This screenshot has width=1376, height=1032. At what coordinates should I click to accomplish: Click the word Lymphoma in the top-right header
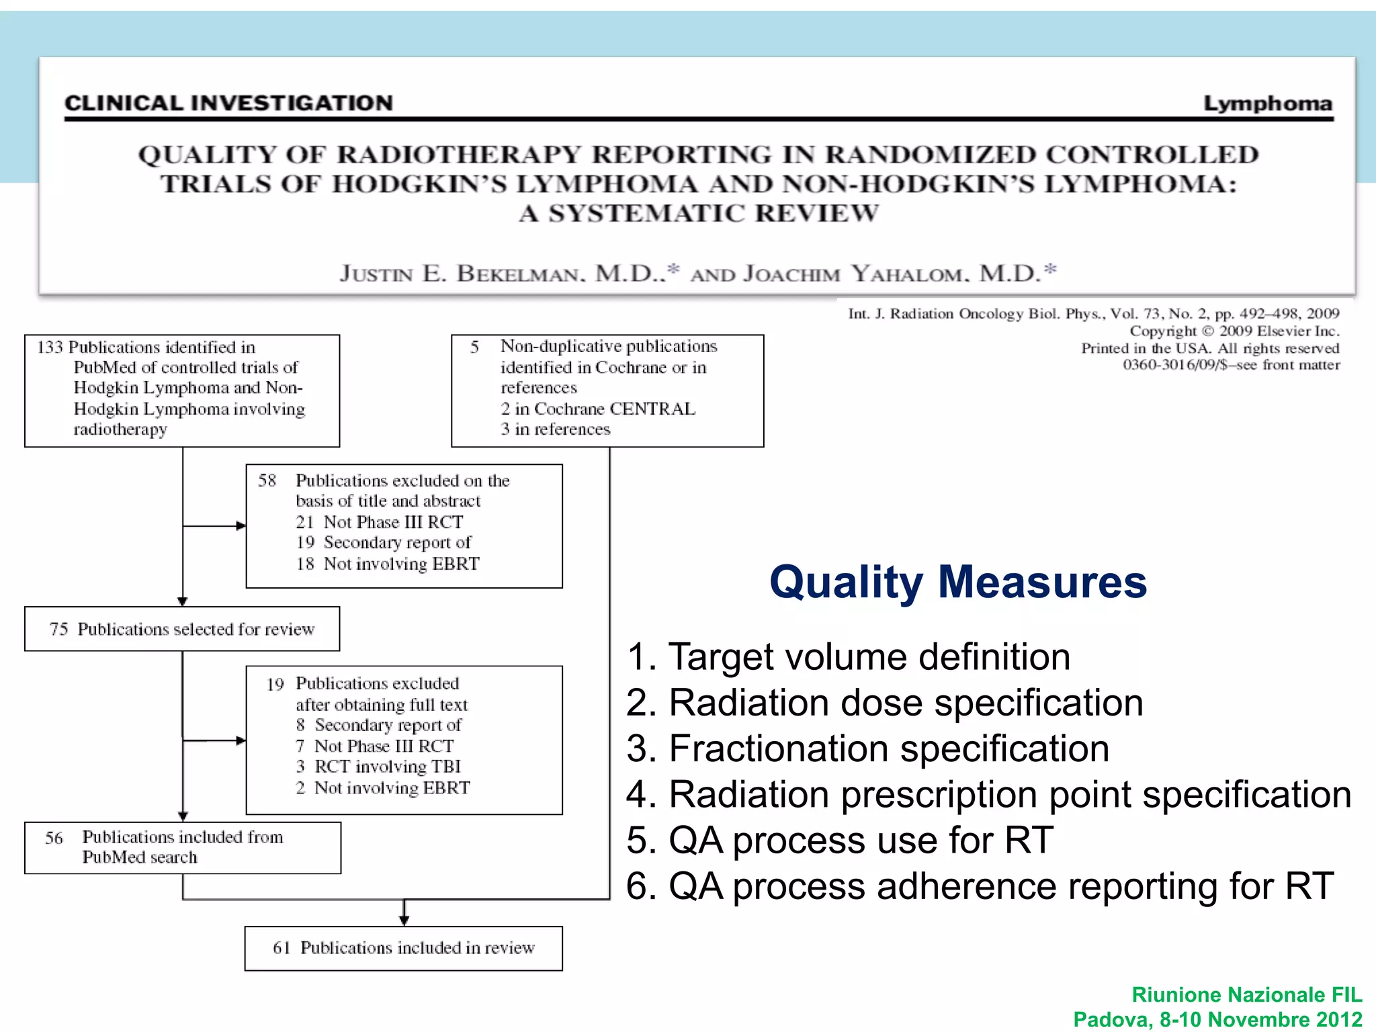tap(1267, 103)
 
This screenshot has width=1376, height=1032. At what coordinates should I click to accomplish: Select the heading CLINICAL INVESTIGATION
tap(228, 103)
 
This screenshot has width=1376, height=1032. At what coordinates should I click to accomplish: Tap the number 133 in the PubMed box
tap(50, 347)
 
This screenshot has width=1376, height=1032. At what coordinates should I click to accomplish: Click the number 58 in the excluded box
tap(267, 480)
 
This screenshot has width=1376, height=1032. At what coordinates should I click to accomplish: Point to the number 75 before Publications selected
tap(58, 629)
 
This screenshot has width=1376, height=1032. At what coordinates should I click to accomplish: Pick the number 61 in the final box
tap(281, 947)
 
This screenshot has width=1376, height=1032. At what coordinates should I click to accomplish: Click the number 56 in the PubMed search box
tap(54, 838)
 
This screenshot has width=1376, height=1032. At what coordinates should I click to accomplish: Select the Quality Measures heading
tap(957, 582)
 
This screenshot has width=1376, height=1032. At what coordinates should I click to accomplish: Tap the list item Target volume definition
tap(848, 656)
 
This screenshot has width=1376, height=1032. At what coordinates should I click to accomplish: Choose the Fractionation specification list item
tap(867, 748)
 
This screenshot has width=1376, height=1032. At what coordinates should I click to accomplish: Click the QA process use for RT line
tap(840, 841)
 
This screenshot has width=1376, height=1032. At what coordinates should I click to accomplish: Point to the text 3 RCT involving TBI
tap(378, 767)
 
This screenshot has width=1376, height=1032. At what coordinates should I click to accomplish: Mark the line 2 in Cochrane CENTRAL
tap(598, 408)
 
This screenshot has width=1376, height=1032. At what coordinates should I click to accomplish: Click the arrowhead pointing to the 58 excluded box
tap(241, 526)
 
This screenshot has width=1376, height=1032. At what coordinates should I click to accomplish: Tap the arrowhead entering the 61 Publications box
tap(404, 920)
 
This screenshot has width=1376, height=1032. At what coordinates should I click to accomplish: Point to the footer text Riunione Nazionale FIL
tap(1246, 994)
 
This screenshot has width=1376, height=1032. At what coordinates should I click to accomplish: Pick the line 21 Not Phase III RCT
tap(380, 522)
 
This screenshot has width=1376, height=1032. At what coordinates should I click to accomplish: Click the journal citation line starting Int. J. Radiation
tap(1093, 314)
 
